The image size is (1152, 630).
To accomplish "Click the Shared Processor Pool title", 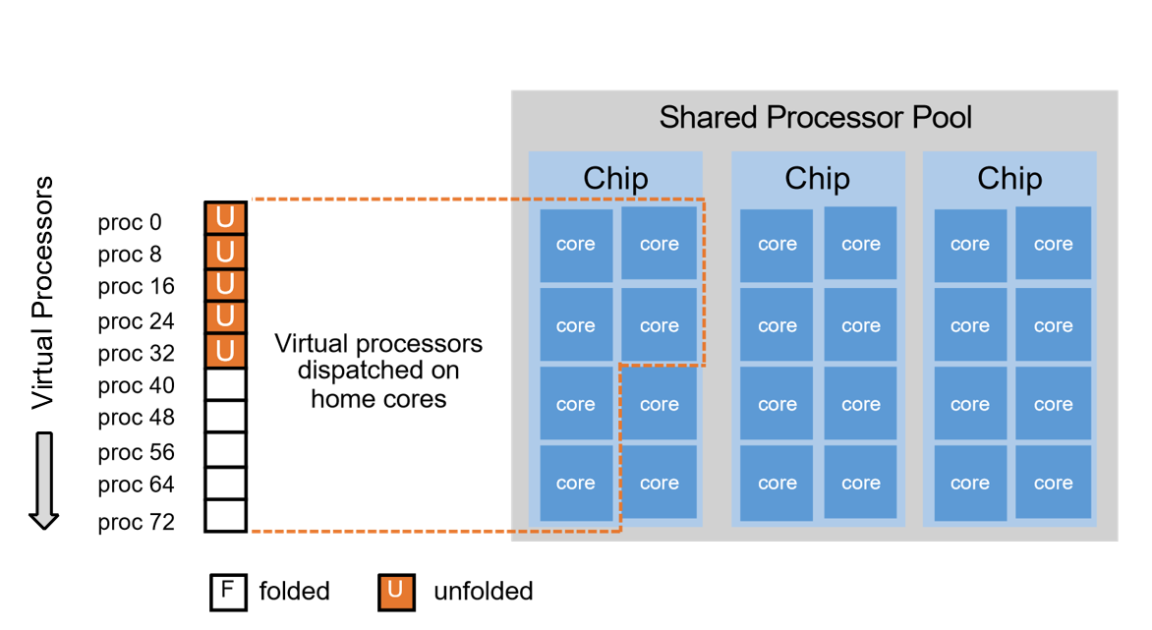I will [815, 118].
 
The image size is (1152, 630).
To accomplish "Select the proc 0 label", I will [130, 223].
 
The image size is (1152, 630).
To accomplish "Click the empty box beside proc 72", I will [225, 515].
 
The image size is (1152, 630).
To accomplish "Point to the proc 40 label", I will [136, 386].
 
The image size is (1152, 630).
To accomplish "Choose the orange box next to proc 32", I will [225, 350].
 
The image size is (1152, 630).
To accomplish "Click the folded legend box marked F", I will [227, 592].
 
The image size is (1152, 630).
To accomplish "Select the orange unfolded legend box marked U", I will [395, 592].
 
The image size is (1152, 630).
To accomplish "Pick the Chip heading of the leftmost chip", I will [615, 179].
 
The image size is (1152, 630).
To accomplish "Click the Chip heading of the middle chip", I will [817, 179].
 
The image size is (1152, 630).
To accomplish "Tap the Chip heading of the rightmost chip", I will [1009, 179].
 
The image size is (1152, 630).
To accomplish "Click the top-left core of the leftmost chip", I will [575, 245].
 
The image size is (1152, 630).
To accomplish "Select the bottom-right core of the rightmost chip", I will [1053, 483].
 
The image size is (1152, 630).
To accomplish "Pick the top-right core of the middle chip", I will [860, 245].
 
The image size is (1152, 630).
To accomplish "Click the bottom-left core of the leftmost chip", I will [575, 483].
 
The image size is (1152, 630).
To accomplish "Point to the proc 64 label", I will [136, 486].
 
